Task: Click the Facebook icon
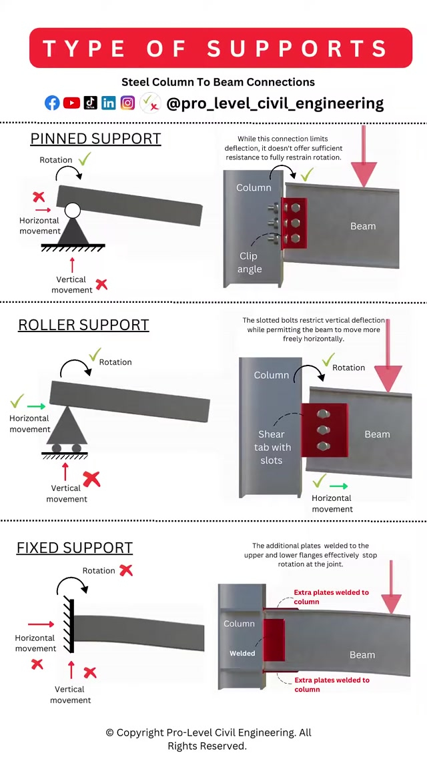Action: pyautogui.click(x=52, y=103)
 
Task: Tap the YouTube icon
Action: pyautogui.click(x=71, y=103)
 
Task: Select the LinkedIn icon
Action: pyautogui.click(x=109, y=103)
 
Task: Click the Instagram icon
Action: pyautogui.click(x=127, y=103)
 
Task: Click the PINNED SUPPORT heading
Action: pyautogui.click(x=95, y=139)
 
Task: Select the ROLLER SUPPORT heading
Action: pyautogui.click(x=83, y=325)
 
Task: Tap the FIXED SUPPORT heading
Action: pyautogui.click(x=75, y=548)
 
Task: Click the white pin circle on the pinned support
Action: pyautogui.click(x=73, y=211)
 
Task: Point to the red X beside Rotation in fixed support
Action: pyautogui.click(x=126, y=570)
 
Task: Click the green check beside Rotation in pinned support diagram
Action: pyautogui.click(x=85, y=159)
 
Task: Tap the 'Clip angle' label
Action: pyautogui.click(x=250, y=263)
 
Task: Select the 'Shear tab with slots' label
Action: pyautogui.click(x=272, y=447)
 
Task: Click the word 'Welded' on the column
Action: pyautogui.click(x=242, y=653)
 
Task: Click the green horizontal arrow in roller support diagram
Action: pyautogui.click(x=36, y=406)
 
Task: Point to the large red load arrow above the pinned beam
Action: pyautogui.click(x=363, y=160)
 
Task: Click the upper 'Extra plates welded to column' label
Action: pyautogui.click(x=331, y=596)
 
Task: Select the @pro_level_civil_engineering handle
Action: pyautogui.click(x=274, y=103)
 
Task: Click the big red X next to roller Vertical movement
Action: pyautogui.click(x=91, y=478)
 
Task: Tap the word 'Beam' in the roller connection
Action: pyautogui.click(x=377, y=434)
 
